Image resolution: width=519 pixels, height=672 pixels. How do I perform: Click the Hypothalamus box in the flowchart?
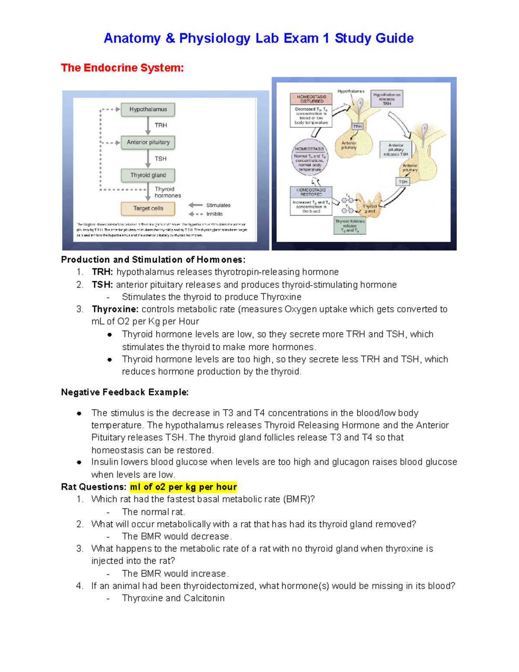pyautogui.click(x=148, y=109)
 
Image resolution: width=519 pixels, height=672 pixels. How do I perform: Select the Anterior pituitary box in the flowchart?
pyautogui.click(x=148, y=142)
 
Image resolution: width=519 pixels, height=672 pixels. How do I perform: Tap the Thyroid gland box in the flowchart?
pyautogui.click(x=148, y=175)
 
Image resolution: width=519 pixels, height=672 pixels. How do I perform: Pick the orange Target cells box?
pyautogui.click(x=148, y=209)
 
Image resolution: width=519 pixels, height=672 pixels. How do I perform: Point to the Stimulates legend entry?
pyautogui.click(x=218, y=205)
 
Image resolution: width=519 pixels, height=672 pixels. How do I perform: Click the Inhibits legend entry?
pyautogui.click(x=214, y=214)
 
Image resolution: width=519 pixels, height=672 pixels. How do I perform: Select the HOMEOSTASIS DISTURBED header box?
pyautogui.click(x=311, y=99)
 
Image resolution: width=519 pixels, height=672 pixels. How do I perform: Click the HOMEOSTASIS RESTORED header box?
pyautogui.click(x=311, y=192)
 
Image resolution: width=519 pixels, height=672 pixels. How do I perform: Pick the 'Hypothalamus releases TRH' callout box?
pyautogui.click(x=387, y=99)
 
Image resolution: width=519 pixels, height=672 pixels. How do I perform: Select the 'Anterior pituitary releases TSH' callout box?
pyautogui.click(x=395, y=150)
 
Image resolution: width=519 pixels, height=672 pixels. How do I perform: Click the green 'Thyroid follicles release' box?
pyautogui.click(x=350, y=226)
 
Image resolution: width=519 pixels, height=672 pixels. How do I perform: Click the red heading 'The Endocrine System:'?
pyautogui.click(x=122, y=68)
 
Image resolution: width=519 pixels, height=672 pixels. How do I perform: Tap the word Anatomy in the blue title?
pyautogui.click(x=132, y=38)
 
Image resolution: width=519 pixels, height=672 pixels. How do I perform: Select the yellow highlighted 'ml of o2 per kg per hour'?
pyautogui.click(x=183, y=487)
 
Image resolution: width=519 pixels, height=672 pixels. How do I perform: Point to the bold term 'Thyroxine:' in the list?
pyautogui.click(x=115, y=309)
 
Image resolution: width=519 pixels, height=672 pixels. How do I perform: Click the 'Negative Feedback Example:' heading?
pyautogui.click(x=125, y=392)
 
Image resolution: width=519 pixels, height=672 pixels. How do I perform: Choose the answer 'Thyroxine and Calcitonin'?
pyautogui.click(x=173, y=598)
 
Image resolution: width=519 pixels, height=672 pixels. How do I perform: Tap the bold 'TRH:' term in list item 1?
pyautogui.click(x=102, y=272)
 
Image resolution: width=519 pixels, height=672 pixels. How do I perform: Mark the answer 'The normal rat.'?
pyautogui.click(x=153, y=512)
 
